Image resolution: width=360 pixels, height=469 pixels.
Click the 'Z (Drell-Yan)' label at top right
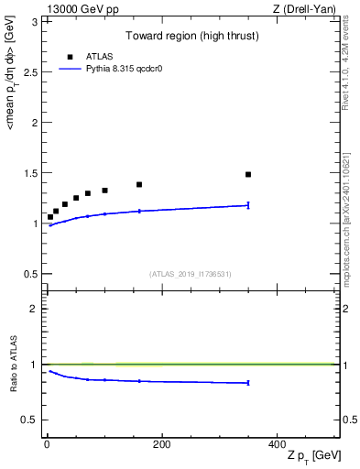(x=309, y=8)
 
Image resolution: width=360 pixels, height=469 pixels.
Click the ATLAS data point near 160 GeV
(x=139, y=184)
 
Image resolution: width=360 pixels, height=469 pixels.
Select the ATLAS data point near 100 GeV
(x=104, y=191)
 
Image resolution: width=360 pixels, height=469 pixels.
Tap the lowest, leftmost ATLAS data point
(x=50, y=217)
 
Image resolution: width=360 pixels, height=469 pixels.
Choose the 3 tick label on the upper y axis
(x=34, y=21)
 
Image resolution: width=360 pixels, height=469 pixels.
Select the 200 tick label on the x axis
(x=161, y=443)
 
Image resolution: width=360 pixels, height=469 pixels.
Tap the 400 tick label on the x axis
(x=276, y=443)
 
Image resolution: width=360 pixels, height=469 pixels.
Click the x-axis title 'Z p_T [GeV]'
(x=313, y=457)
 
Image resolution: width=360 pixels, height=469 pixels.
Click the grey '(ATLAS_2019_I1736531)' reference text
(x=190, y=274)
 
